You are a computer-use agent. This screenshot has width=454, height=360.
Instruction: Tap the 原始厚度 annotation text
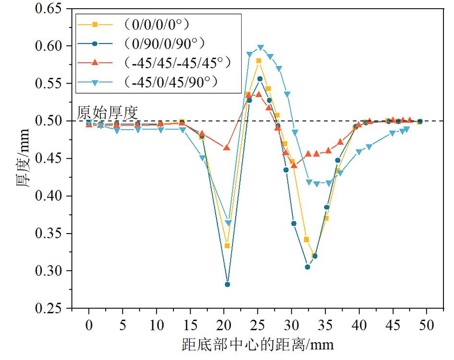tap(108, 113)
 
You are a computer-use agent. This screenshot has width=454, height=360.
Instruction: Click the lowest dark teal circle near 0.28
tap(227, 285)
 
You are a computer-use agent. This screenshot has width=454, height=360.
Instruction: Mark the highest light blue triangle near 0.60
tap(260, 48)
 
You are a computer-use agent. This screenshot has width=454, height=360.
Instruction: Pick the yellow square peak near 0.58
tap(259, 61)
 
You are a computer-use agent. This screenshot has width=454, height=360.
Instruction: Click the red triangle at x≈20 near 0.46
tap(227, 147)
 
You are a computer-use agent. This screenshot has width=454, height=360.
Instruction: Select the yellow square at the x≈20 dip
tap(227, 246)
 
